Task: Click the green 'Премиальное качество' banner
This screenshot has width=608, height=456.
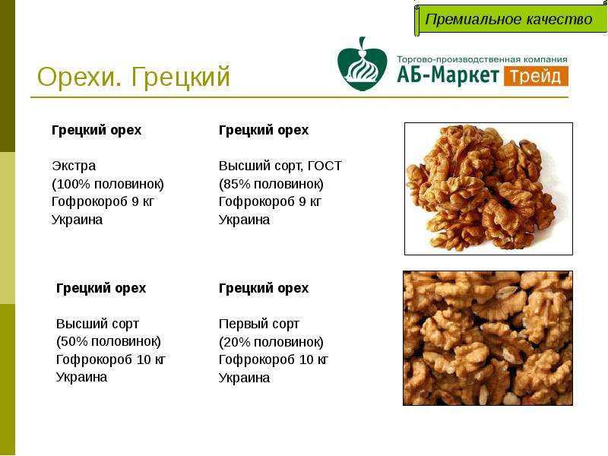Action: [511, 20]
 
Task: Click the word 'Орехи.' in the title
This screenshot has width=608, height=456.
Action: [80, 77]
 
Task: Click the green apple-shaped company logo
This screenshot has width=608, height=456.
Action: [363, 65]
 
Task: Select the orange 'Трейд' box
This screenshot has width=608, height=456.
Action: [536, 77]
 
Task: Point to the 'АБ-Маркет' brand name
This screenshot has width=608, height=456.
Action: [448, 75]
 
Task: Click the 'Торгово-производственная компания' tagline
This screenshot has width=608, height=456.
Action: [482, 59]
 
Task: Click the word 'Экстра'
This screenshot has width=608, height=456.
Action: [74, 166]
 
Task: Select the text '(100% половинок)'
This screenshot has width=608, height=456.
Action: [108, 184]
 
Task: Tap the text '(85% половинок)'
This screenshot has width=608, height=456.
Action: [271, 184]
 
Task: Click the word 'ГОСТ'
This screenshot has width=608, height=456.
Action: [325, 166]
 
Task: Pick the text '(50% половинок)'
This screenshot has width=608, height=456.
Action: [109, 341]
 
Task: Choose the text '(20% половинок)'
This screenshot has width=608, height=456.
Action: [271, 342]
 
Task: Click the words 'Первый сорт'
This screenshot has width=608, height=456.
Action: [259, 324]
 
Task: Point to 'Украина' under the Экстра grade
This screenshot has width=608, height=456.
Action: [78, 220]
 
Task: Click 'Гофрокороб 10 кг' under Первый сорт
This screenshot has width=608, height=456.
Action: [274, 359]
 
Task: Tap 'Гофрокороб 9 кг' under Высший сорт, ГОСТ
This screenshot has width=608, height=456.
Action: [270, 201]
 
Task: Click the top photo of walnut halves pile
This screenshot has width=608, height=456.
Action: [489, 188]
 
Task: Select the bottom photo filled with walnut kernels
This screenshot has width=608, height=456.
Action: [488, 338]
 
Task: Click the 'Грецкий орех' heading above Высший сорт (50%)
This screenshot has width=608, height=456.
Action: [101, 288]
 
